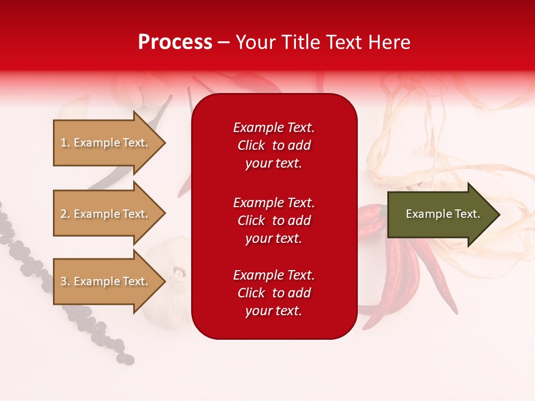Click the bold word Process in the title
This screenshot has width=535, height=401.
point(175,42)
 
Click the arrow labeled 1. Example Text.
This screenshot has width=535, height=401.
point(106,143)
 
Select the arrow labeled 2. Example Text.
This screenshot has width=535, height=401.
point(106,214)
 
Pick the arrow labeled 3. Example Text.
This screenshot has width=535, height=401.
point(106,281)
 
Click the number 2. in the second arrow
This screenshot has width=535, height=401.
point(65,214)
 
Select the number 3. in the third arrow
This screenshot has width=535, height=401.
point(65,281)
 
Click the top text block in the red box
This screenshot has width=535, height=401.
point(274,145)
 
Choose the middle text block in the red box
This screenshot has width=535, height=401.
point(274,221)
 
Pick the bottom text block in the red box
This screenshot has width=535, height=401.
point(274,293)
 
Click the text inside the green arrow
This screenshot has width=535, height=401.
point(442,214)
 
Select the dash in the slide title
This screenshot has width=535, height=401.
point(223,42)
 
